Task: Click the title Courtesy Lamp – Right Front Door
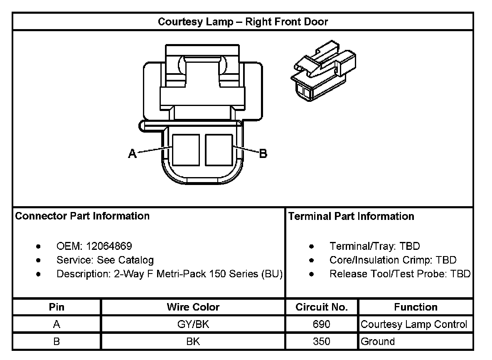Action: tap(243, 22)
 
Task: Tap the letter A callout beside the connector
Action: tap(132, 154)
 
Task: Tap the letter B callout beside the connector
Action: tap(263, 154)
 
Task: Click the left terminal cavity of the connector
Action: tap(185, 150)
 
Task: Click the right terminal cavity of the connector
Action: tap(219, 150)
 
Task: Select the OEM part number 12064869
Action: tap(109, 246)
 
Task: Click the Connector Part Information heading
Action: tap(82, 216)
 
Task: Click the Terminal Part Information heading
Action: tap(351, 216)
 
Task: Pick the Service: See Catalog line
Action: tap(105, 260)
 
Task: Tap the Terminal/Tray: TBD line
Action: tap(374, 246)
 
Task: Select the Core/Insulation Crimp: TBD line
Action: tap(393, 260)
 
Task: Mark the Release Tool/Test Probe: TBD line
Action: tap(400, 274)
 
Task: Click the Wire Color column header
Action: tap(193, 307)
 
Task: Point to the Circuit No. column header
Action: tap(322, 307)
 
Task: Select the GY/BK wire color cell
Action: tap(193, 324)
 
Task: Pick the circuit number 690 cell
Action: tap(322, 324)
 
